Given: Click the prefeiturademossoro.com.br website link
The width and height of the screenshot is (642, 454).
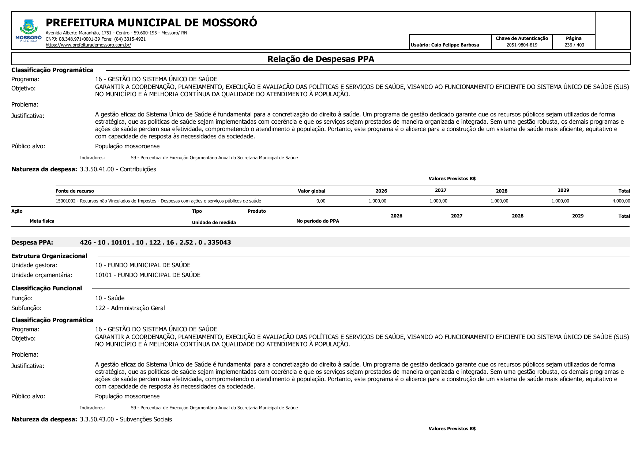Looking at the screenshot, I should pyautogui.click(x=88, y=45).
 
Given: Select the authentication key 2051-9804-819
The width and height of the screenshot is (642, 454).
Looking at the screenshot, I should pyautogui.click(x=522, y=45).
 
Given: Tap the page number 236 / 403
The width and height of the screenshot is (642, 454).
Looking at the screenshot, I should pyautogui.click(x=574, y=45).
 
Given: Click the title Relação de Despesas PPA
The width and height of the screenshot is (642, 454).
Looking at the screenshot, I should pyautogui.click(x=320, y=59).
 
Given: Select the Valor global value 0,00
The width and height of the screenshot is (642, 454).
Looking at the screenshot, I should pyautogui.click(x=320, y=201).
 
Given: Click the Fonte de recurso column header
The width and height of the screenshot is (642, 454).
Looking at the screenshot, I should pyautogui.click(x=75, y=191).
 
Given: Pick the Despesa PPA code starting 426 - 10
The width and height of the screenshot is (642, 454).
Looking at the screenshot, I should pyautogui.click(x=155, y=242).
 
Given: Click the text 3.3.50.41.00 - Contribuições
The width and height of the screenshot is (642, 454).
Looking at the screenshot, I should pyautogui.click(x=118, y=170).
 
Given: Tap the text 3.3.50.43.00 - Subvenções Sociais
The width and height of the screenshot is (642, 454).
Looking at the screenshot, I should pyautogui.click(x=125, y=420).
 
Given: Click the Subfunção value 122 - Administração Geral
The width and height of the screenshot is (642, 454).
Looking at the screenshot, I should pyautogui.click(x=130, y=308).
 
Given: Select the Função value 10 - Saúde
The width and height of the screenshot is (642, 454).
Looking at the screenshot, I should pyautogui.click(x=110, y=298).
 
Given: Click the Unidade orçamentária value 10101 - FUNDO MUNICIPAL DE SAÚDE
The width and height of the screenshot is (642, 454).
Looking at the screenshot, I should pyautogui.click(x=147, y=275).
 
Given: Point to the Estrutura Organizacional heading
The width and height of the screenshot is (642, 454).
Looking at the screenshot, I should pyautogui.click(x=49, y=256).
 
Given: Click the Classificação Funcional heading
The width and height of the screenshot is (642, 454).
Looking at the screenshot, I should pyautogui.click(x=46, y=289).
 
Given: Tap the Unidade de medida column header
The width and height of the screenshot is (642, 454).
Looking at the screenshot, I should pyautogui.click(x=214, y=223).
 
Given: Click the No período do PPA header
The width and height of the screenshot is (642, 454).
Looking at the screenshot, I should pyautogui.click(x=318, y=221).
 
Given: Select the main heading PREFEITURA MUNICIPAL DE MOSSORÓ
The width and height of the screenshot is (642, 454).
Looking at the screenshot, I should pyautogui.click(x=151, y=23).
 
